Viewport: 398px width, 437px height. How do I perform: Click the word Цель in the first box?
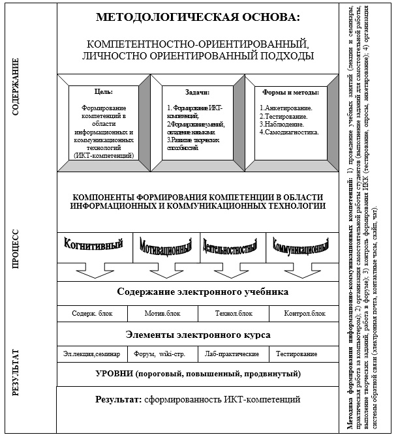click(x=104, y=92)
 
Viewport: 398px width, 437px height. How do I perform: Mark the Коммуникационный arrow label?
click(x=300, y=249)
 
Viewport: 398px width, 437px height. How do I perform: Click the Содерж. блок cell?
click(x=92, y=313)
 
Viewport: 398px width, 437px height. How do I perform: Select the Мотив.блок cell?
click(x=163, y=313)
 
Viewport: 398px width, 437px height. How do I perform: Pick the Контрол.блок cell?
click(x=305, y=313)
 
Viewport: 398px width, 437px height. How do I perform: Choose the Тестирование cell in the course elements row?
click(x=296, y=354)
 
